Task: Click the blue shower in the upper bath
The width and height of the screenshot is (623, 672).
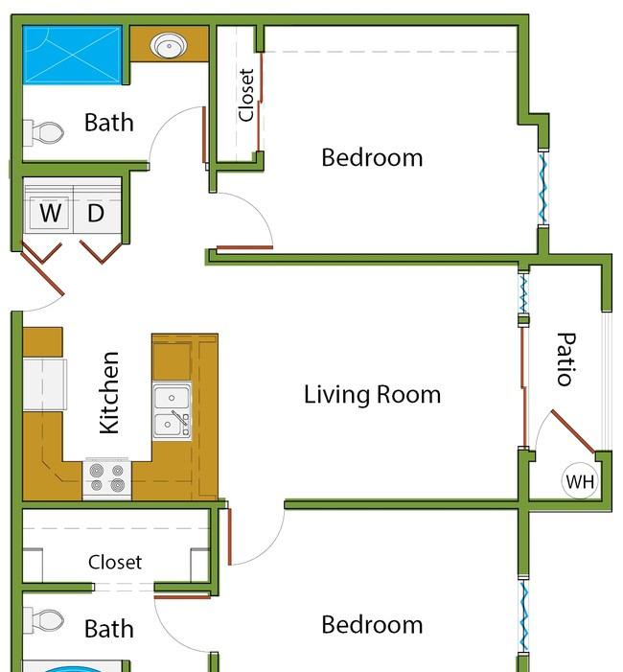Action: click(73, 55)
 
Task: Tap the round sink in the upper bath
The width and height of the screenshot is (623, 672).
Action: click(169, 45)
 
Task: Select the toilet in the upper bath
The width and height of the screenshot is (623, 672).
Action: click(43, 132)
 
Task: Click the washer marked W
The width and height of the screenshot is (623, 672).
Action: click(49, 211)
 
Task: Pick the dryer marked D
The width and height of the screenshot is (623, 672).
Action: click(97, 211)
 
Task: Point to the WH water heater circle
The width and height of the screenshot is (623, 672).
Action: click(580, 481)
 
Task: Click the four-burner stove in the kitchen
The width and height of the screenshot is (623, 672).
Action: click(106, 478)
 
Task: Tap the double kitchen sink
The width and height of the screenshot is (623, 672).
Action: click(172, 411)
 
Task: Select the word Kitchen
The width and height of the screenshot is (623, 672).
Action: click(109, 393)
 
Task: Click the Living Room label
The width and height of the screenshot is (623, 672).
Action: click(372, 394)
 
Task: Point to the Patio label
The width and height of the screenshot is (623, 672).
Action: click(566, 359)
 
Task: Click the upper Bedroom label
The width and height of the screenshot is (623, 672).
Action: click(372, 157)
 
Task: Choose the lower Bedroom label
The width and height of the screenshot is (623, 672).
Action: click(372, 624)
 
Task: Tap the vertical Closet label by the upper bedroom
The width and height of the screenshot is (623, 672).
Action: click(246, 95)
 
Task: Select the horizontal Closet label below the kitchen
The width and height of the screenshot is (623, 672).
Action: click(115, 562)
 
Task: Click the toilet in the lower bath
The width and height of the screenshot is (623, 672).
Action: click(43, 620)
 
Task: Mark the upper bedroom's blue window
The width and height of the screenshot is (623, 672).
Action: click(542, 188)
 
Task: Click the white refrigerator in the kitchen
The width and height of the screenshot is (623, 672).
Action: click(44, 384)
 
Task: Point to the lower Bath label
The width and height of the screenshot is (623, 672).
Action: click(109, 629)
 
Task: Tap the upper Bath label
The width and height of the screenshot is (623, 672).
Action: click(109, 123)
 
